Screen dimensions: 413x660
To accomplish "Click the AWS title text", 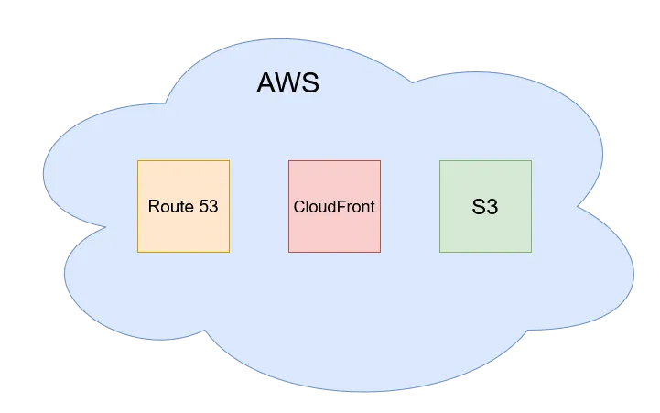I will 287,83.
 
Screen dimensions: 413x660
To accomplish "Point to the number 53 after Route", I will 208,206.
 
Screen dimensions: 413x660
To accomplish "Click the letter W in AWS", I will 287,83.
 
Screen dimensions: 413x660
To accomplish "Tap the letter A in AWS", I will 265,83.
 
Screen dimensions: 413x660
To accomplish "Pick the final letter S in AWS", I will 309,83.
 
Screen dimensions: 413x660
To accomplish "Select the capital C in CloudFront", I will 298,206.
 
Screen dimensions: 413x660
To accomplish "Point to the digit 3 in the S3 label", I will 492,207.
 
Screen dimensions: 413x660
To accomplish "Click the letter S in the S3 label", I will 478,207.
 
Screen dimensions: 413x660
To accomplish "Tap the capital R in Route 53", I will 153,206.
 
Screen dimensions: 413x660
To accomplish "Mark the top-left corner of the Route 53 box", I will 137,160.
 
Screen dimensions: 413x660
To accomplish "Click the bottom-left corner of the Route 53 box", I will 137,252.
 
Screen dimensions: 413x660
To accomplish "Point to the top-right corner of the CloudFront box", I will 380,160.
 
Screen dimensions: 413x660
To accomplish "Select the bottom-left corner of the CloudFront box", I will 288,252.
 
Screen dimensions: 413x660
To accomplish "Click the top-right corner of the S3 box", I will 531,160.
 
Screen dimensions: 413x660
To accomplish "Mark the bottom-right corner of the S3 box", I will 531,252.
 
